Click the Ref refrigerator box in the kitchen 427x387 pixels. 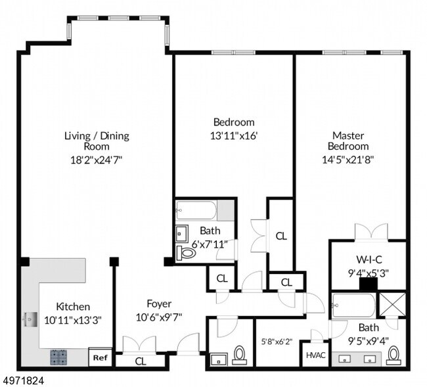(101, 357)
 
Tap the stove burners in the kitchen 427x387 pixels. (58, 357)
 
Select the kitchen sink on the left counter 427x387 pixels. (30, 320)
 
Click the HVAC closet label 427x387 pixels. (316, 355)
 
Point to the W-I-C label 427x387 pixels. (369, 260)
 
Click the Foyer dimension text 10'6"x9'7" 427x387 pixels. (159, 317)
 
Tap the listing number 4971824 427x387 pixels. (22, 380)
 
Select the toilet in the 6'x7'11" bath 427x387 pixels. (187, 253)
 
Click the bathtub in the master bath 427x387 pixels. (353, 306)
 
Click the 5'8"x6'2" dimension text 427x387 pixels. (277, 342)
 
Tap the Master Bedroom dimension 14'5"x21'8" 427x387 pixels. (348, 160)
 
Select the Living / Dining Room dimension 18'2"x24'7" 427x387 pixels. (97, 160)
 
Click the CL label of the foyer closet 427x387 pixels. (141, 361)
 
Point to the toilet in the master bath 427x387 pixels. (393, 355)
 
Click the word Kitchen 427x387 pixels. (73, 307)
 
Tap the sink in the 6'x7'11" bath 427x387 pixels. (182, 233)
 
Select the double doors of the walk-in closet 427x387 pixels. (371, 233)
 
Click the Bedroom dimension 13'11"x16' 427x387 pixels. (234, 135)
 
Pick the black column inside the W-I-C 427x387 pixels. (369, 283)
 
